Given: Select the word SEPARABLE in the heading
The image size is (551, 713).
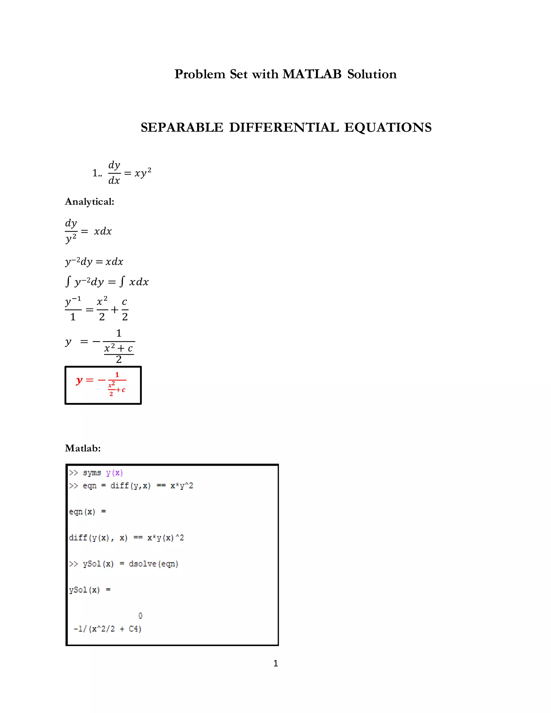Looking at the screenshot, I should tap(182, 127).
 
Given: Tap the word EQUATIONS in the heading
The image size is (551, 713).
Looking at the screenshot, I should tap(388, 127).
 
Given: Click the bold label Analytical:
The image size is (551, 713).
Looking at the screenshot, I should tap(89, 202).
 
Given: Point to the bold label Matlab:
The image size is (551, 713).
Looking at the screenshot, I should tap(83, 448).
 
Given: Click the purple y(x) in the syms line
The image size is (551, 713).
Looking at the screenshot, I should tap(114, 473).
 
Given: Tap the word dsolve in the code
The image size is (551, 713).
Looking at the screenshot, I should tap(142, 564).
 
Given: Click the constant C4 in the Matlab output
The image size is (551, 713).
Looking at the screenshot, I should tap(134, 629).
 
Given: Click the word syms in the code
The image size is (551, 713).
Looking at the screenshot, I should tap(92, 473).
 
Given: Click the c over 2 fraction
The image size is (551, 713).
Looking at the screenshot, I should tap(125, 309).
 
